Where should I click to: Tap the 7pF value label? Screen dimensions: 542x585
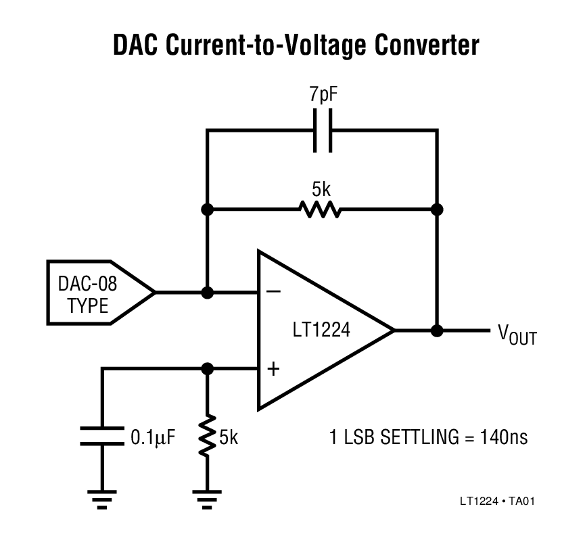click(x=323, y=95)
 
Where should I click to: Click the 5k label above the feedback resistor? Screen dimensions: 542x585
click(x=323, y=187)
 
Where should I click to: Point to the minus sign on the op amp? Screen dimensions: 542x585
click(x=274, y=292)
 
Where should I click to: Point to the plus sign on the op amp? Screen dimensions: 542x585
click(x=274, y=369)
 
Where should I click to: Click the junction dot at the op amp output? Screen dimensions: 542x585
click(x=438, y=331)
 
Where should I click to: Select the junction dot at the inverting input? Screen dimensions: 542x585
click(x=208, y=293)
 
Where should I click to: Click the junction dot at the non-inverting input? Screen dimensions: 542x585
click(x=208, y=369)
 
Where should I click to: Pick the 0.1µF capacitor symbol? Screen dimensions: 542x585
click(x=102, y=436)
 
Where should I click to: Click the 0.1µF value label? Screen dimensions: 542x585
click(x=153, y=437)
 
